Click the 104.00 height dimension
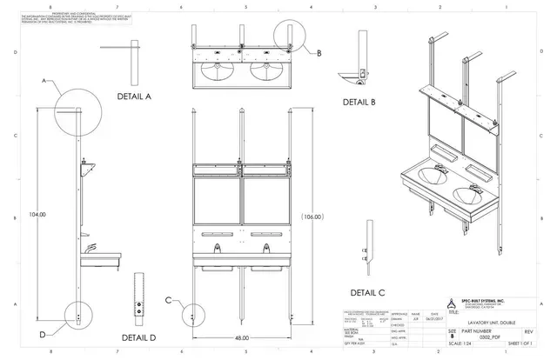pyautogui.click(x=37, y=214)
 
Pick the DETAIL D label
pyautogui.click(x=138, y=337)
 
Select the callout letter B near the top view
pyautogui.click(x=319, y=53)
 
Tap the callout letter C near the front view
pyautogui.click(x=167, y=300)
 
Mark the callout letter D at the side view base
pyautogui.click(x=42, y=334)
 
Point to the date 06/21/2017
pyautogui.click(x=433, y=319)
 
